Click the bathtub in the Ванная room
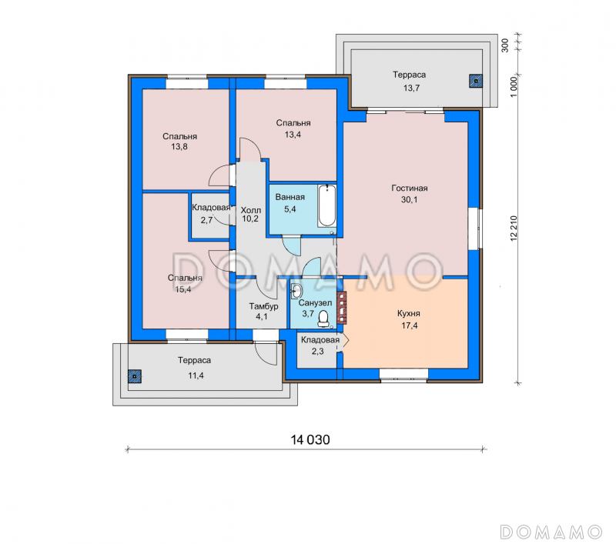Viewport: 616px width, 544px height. [327, 206]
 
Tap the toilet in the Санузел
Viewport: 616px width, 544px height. [323, 319]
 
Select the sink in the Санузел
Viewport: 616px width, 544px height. [296, 291]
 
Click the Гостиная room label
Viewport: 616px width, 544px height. [410, 189]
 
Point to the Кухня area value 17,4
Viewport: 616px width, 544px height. [410, 325]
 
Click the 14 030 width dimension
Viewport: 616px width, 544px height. [310, 439]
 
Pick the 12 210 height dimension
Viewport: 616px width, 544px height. [514, 229]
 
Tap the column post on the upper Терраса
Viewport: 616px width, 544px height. [476, 81]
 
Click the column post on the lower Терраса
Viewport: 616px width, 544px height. [135, 376]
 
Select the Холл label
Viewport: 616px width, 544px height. [251, 210]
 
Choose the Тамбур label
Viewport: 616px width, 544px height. [263, 306]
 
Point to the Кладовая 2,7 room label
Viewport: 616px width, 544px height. [210, 213]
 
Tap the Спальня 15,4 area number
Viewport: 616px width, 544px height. [183, 289]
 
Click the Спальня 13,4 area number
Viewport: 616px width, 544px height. [293, 135]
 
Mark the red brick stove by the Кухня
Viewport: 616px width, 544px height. [342, 307]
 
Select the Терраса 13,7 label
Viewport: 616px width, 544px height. [410, 82]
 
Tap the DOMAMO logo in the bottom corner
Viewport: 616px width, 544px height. [551, 532]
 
